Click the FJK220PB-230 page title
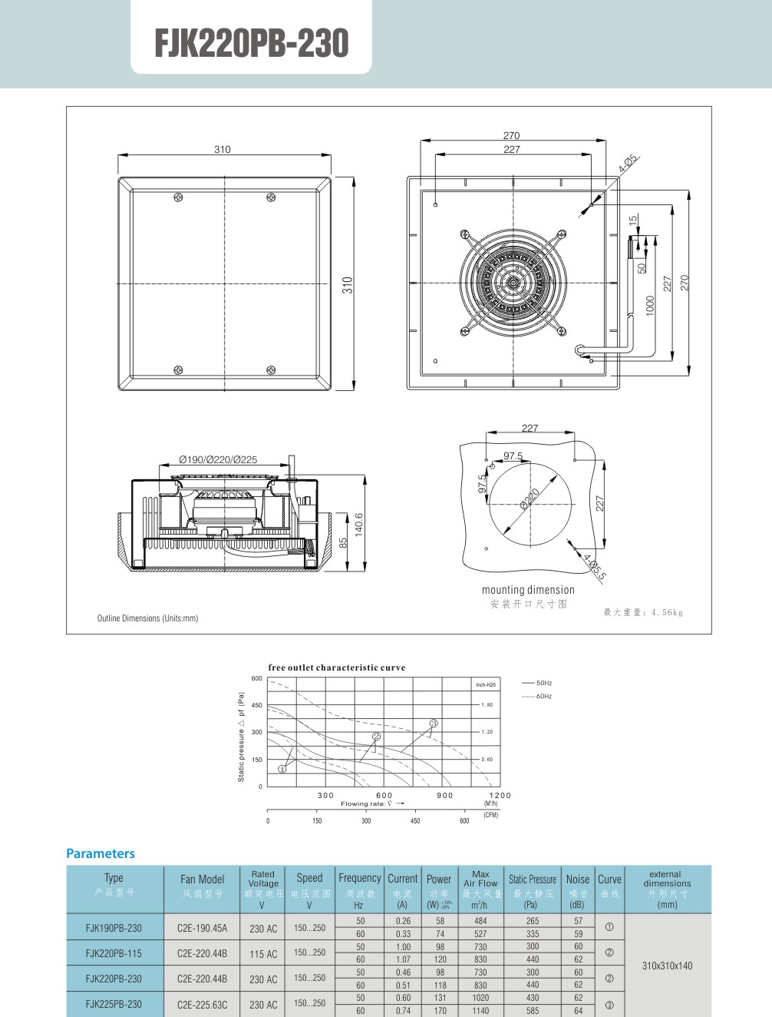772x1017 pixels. click(252, 43)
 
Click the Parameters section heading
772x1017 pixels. click(100, 853)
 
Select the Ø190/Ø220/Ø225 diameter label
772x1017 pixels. click(218, 459)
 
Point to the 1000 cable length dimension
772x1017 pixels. click(650, 305)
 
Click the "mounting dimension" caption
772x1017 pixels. click(528, 590)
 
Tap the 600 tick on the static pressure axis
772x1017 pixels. click(256, 678)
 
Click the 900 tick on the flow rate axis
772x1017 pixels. click(445, 795)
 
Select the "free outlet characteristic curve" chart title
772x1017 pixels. click(337, 668)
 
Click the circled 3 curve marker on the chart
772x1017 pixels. click(434, 724)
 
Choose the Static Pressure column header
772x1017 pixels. click(533, 880)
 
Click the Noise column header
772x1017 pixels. click(578, 880)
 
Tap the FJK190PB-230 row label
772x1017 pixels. click(114, 928)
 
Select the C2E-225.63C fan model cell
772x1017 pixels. click(202, 1004)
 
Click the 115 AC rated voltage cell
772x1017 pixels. click(263, 954)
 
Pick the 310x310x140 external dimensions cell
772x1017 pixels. click(667, 966)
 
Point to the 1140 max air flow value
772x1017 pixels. click(480, 1011)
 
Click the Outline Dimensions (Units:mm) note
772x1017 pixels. click(147, 618)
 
